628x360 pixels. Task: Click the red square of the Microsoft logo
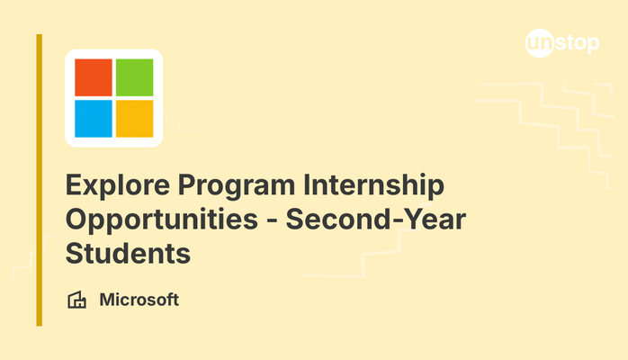coord(94,77)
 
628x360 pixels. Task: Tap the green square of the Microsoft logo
coord(135,77)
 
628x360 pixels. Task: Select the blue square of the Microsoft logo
coord(94,119)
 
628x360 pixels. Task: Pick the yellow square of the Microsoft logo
coord(135,119)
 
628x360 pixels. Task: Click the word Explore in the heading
coord(118,185)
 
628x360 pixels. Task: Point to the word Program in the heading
coord(237,186)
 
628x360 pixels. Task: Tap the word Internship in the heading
coord(373,185)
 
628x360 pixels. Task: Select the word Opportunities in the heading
coord(162,220)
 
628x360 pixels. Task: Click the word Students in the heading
coord(128,254)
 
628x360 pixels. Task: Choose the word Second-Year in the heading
coord(376,220)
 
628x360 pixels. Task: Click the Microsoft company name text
coord(139,300)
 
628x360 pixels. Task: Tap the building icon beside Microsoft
coord(76,300)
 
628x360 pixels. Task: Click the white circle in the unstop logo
coord(540,43)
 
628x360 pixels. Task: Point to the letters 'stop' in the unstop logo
coord(577,43)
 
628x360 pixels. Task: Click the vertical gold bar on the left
coord(40,180)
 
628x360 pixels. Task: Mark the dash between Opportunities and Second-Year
coord(272,221)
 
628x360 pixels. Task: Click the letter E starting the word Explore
coord(76,184)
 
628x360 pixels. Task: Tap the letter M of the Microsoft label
coord(108,300)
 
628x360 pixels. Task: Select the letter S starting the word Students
coord(76,254)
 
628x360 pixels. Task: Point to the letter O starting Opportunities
coord(77,219)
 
